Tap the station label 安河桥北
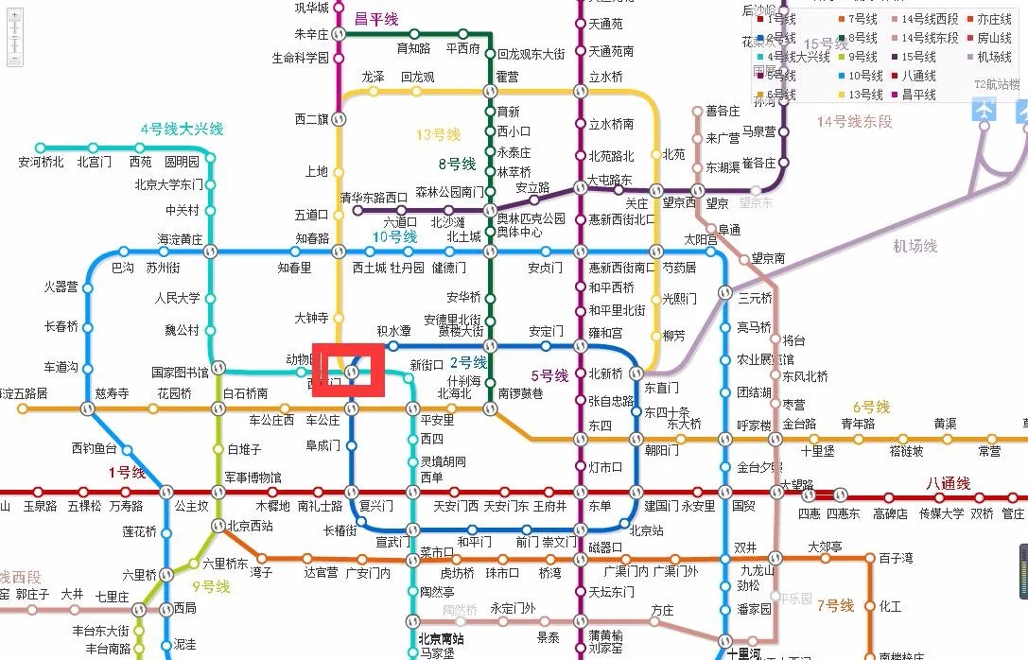click(41, 162)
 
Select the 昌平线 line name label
click(376, 19)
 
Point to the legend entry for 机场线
click(994, 57)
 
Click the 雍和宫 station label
click(605, 333)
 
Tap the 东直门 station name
click(661, 388)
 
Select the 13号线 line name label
click(438, 135)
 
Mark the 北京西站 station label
click(250, 526)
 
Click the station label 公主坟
click(191, 506)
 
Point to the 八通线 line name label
click(948, 483)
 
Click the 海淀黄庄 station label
click(180, 239)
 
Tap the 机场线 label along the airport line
click(915, 246)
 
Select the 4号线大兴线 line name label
click(182, 129)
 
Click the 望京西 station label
click(678, 202)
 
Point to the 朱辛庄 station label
click(311, 34)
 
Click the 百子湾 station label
click(896, 559)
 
